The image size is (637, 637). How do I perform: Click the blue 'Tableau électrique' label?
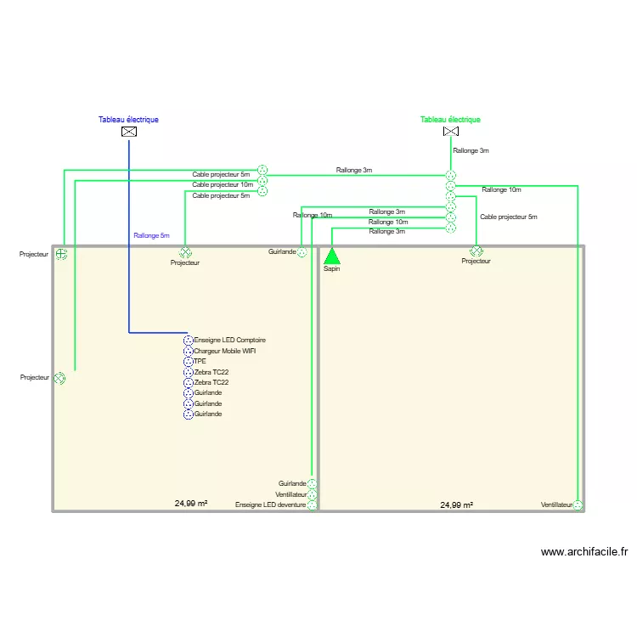tap(128, 120)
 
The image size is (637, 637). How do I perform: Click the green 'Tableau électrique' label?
tap(450, 120)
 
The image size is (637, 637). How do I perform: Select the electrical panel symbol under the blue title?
tap(128, 132)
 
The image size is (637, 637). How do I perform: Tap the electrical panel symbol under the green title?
tap(450, 132)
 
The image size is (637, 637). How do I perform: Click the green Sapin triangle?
tap(331, 256)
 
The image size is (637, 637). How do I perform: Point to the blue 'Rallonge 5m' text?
tap(151, 235)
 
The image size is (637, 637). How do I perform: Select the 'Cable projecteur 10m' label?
tap(222, 184)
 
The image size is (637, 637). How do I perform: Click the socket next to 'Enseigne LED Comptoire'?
tap(189, 340)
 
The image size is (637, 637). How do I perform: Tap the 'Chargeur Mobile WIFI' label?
tap(224, 351)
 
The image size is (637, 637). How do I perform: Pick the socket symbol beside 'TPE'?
tap(189, 362)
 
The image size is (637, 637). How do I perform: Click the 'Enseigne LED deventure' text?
tap(270, 505)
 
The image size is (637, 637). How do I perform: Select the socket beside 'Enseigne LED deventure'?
tap(313, 505)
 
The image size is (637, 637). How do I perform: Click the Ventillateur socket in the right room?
tap(578, 505)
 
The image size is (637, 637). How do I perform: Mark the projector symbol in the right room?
tap(476, 251)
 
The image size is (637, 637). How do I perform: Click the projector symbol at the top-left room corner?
tap(61, 254)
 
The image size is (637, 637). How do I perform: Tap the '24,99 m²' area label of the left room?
tap(191, 504)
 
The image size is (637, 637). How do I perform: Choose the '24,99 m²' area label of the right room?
tap(456, 505)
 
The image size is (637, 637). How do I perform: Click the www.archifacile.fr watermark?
tap(583, 552)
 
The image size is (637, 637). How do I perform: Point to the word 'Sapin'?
tap(331, 268)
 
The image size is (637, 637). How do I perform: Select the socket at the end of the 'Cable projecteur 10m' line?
tap(262, 180)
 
